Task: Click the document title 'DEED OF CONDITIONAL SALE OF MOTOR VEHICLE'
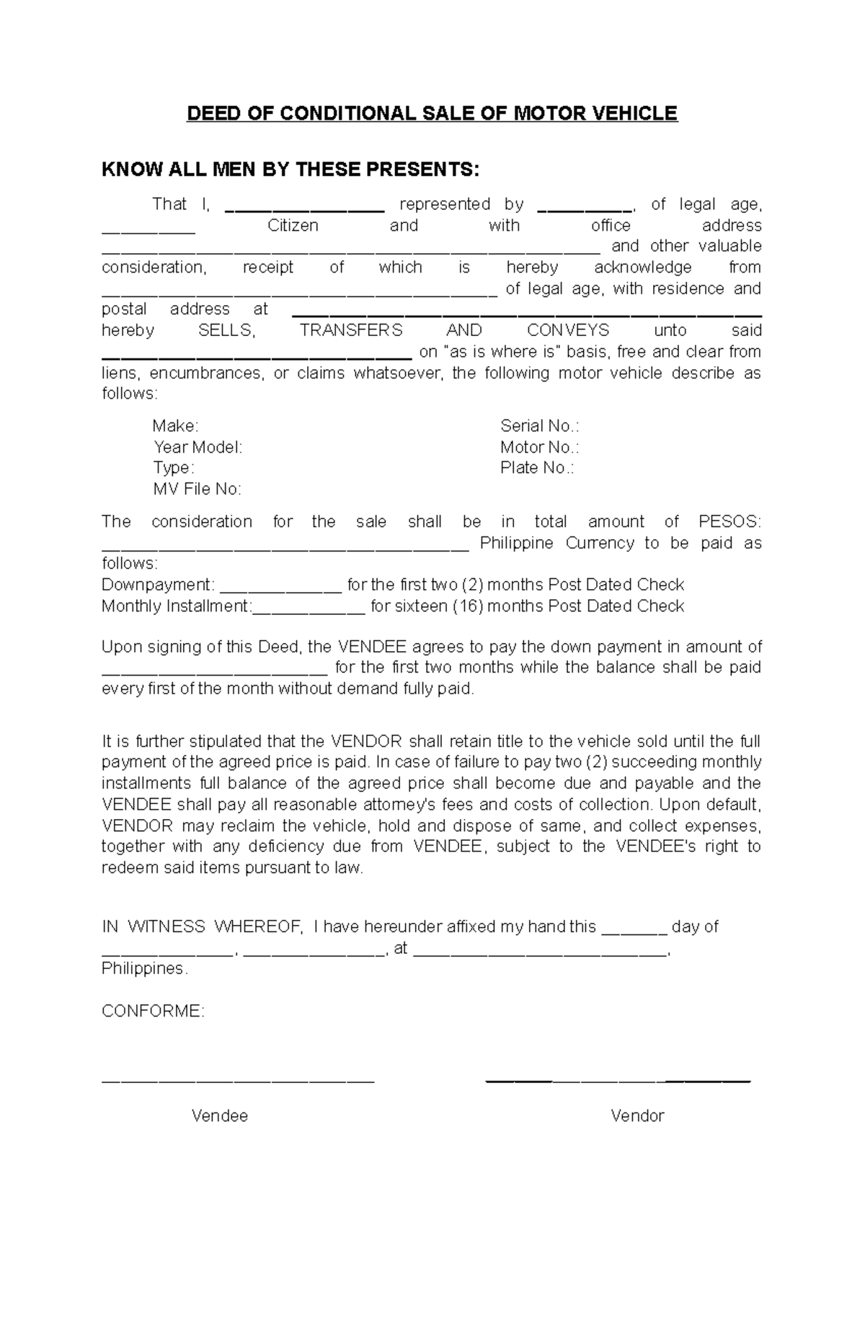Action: [432, 114]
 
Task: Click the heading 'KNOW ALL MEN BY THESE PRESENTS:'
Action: [290, 169]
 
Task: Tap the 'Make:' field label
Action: [175, 425]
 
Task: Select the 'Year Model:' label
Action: [198, 447]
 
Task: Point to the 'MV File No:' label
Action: [197, 490]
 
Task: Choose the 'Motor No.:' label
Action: [539, 447]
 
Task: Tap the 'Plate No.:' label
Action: [537, 468]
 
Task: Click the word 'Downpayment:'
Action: [158, 585]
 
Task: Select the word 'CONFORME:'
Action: [153, 1011]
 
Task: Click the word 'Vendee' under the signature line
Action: [219, 1116]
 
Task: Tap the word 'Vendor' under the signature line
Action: [637, 1116]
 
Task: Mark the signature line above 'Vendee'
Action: [238, 1081]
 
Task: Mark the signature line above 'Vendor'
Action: [618, 1081]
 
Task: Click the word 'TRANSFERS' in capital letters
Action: [351, 330]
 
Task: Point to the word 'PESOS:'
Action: [729, 521]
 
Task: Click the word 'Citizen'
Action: [293, 226]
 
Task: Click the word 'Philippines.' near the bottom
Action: [144, 968]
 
